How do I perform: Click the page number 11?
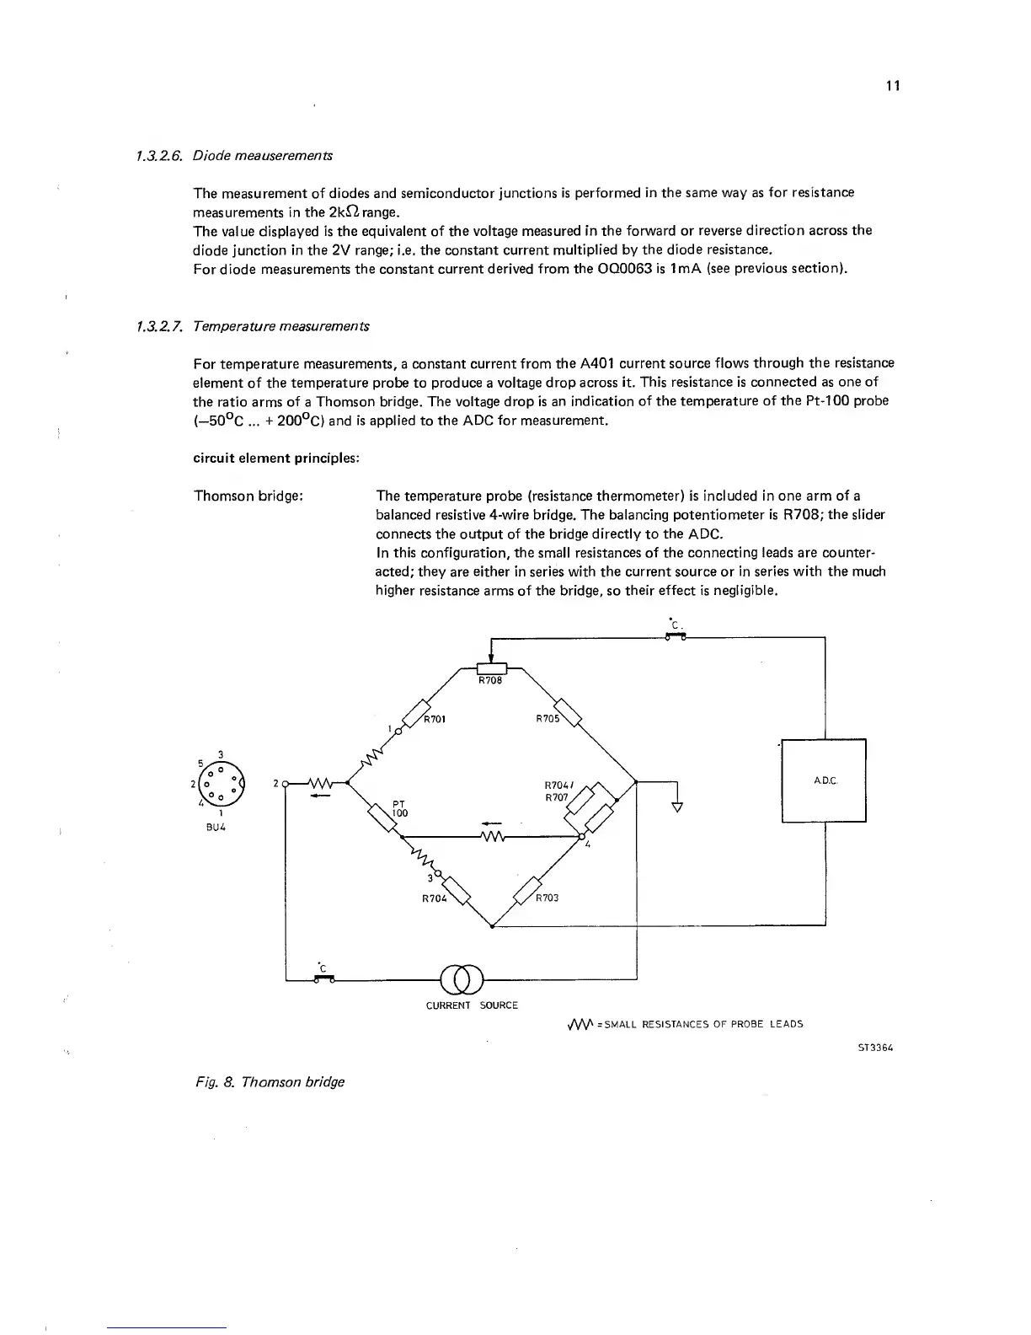pyautogui.click(x=894, y=86)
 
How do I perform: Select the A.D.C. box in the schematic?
pyautogui.click(x=824, y=780)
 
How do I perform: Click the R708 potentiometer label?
pyautogui.click(x=490, y=680)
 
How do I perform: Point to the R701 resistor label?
pyautogui.click(x=435, y=719)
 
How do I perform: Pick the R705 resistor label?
pyautogui.click(x=548, y=719)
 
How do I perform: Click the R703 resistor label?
pyautogui.click(x=548, y=898)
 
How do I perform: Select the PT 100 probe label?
pyautogui.click(x=399, y=808)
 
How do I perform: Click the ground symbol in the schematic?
pyautogui.click(x=676, y=806)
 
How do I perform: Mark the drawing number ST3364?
pyautogui.click(x=874, y=1048)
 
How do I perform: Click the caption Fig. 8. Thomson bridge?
pyautogui.click(x=266, y=1081)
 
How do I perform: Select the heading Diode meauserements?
pyautogui.click(x=262, y=156)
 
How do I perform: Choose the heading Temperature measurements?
pyautogui.click(x=280, y=326)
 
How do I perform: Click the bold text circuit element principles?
pyautogui.click(x=276, y=458)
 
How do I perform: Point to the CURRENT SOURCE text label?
pyautogui.click(x=472, y=1005)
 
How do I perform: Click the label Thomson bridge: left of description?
pyautogui.click(x=248, y=496)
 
